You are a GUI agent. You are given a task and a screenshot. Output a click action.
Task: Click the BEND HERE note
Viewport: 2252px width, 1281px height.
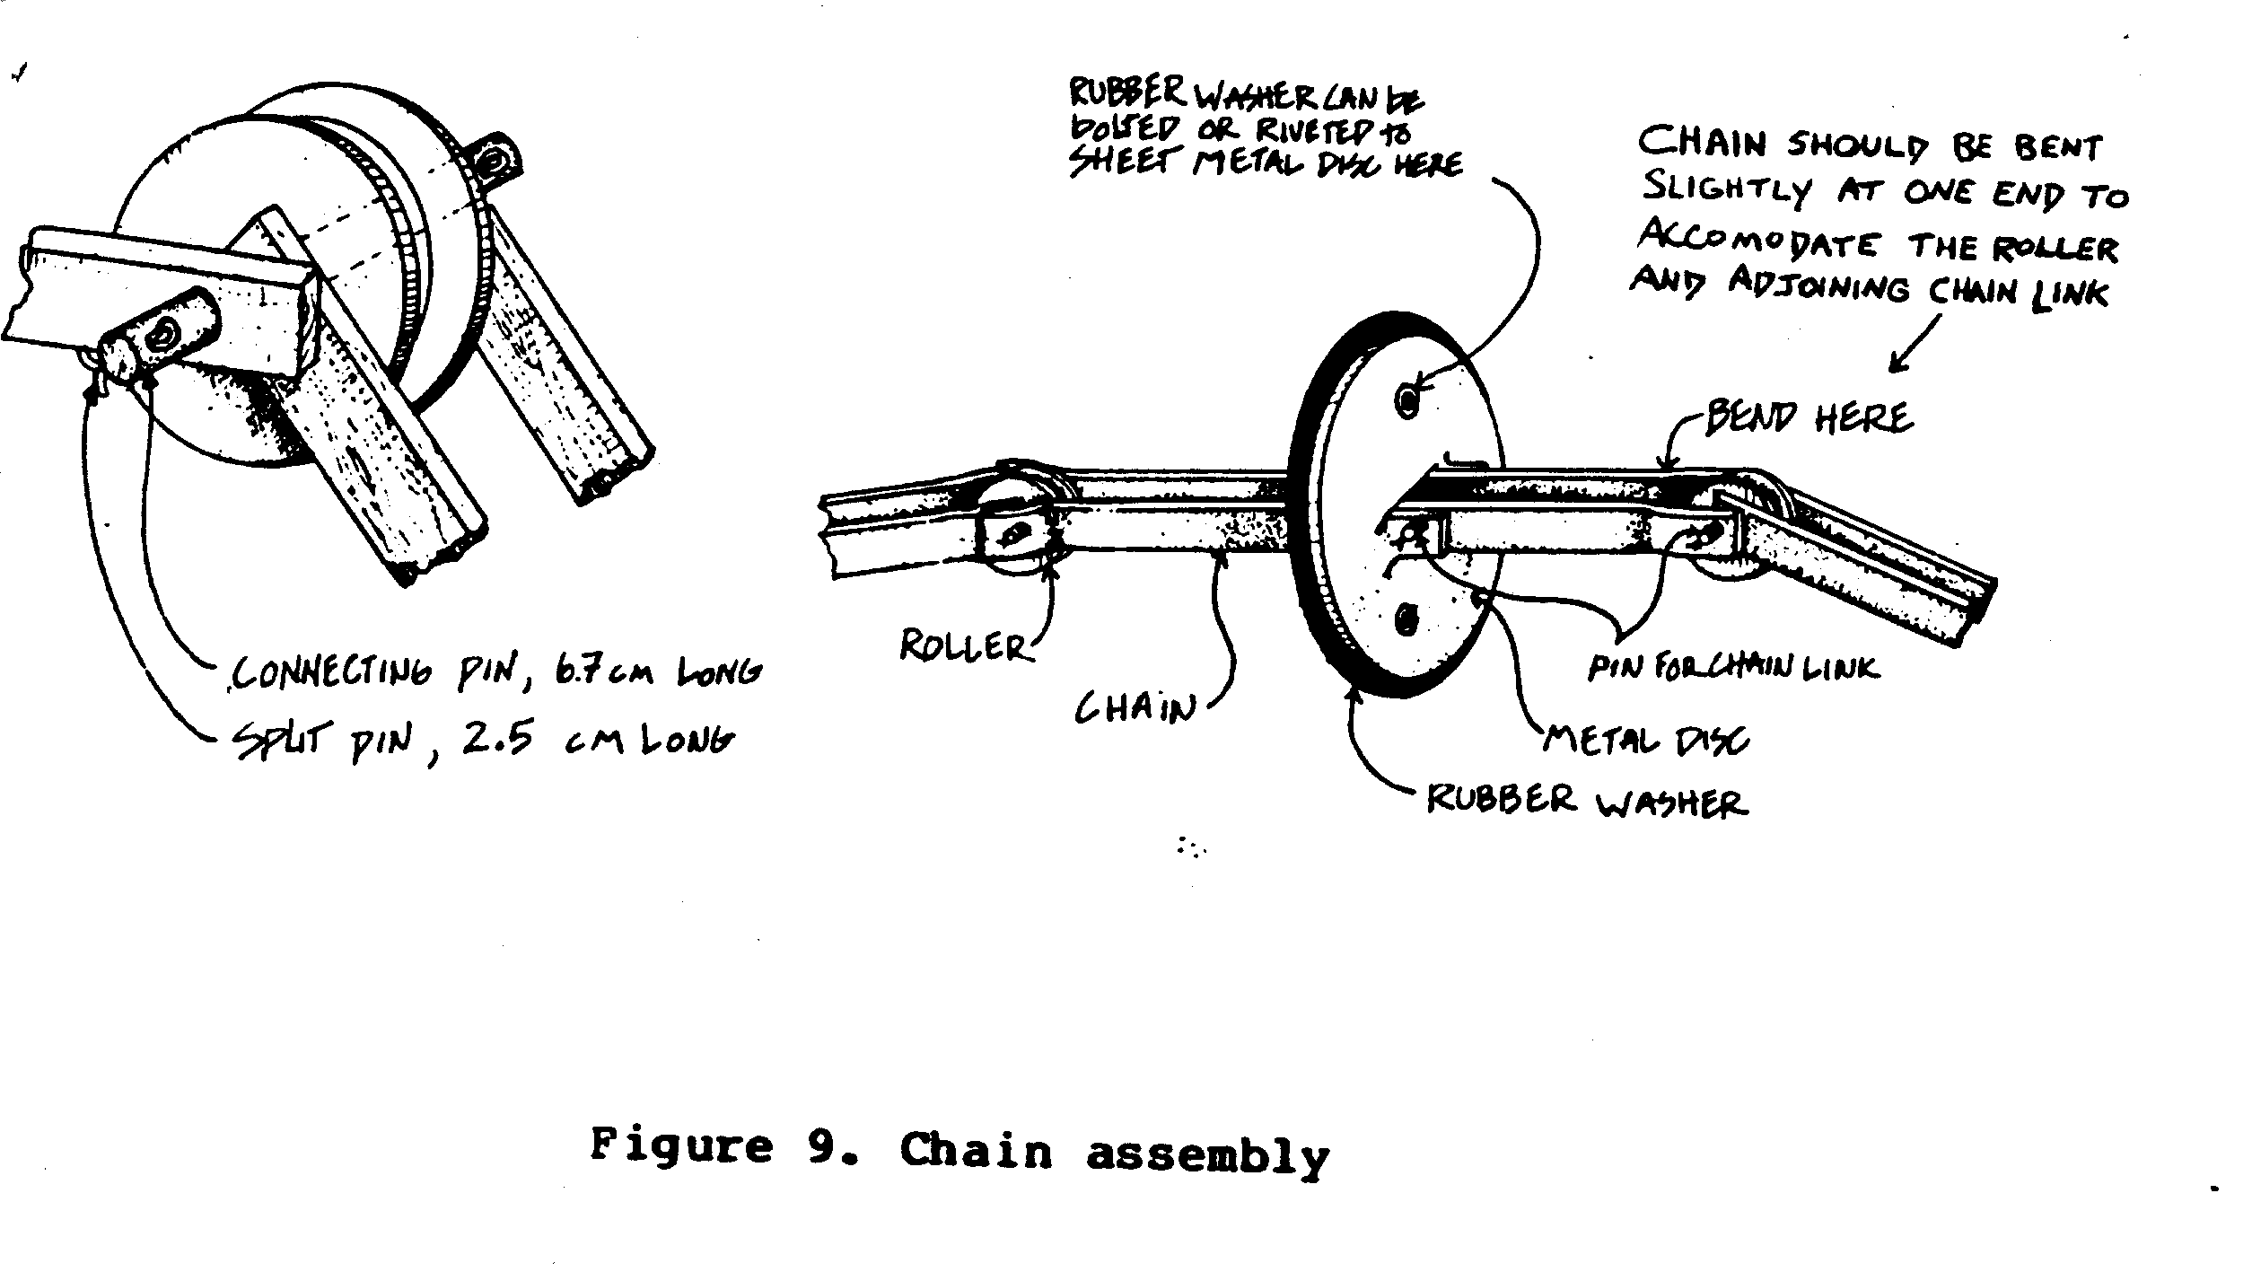(1806, 418)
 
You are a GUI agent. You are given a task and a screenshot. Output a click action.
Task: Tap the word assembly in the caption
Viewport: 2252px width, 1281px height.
(1207, 1154)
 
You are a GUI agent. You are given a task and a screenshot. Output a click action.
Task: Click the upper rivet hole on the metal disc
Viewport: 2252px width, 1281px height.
(1408, 398)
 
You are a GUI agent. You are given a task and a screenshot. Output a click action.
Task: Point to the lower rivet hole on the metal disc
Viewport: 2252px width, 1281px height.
(1406, 619)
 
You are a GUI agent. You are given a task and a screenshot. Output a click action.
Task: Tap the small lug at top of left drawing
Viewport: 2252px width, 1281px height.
(493, 162)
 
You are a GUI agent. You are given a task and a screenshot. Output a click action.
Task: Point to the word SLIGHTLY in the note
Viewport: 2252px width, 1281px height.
(1726, 190)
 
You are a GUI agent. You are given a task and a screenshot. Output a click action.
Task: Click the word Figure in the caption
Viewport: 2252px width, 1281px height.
(681, 1147)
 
